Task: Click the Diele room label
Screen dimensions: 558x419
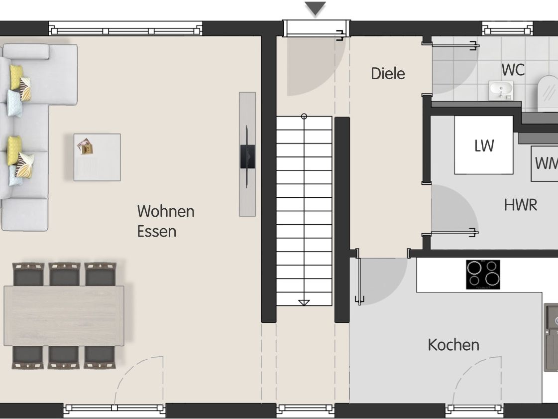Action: tap(388, 73)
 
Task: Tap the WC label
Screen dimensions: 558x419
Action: tap(513, 70)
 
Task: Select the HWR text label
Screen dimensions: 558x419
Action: tap(521, 205)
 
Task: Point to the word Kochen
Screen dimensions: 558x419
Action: tap(453, 345)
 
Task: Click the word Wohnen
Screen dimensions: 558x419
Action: tap(166, 211)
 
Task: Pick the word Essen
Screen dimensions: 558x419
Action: tap(157, 232)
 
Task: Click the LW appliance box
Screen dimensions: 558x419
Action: tap(484, 145)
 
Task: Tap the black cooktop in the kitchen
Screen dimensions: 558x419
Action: tap(483, 275)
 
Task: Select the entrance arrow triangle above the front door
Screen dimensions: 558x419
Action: tap(315, 8)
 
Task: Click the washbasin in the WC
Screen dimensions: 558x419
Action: tap(501, 91)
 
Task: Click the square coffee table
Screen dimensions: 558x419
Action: tap(97, 157)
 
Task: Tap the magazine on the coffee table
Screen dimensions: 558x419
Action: tap(86, 146)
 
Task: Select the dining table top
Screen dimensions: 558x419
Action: tap(64, 316)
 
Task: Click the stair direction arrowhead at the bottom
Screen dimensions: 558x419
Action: tap(304, 302)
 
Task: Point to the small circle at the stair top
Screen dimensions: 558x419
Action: tap(304, 116)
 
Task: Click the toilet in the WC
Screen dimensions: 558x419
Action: tap(548, 92)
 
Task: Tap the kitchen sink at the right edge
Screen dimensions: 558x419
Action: tap(551, 337)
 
